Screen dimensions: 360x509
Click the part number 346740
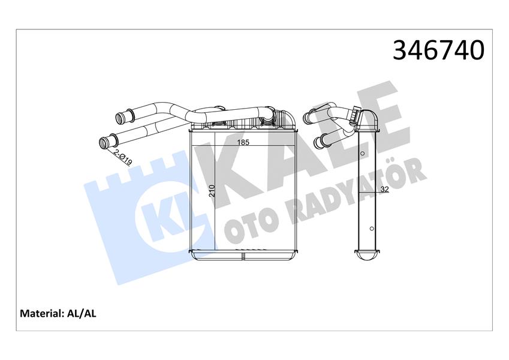[x=438, y=50]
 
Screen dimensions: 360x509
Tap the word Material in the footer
[x=42, y=313]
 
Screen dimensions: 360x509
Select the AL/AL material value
[x=84, y=313]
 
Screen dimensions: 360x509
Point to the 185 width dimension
[x=243, y=143]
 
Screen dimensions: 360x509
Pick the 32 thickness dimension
[x=384, y=190]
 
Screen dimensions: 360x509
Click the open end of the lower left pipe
[x=104, y=142]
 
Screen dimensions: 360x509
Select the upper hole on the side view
[x=363, y=154]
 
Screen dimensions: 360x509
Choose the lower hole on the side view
[x=371, y=228]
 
